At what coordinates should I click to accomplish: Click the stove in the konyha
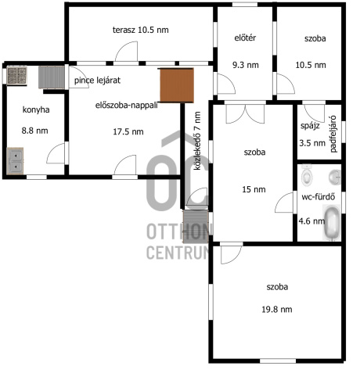pos(17,76)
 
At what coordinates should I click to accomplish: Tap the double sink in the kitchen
pos(15,161)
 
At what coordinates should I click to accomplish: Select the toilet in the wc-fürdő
pos(307,175)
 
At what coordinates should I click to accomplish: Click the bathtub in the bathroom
pos(332,222)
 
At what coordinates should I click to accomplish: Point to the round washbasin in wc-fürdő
pos(335,178)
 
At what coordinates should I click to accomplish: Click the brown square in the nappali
pos(177,85)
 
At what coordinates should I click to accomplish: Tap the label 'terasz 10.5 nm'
pos(141,30)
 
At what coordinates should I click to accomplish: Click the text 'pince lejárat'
pos(97,81)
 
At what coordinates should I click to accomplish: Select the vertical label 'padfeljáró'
pos(333,134)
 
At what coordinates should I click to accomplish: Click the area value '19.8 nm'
pos(277,310)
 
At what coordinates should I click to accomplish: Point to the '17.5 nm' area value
pos(128,131)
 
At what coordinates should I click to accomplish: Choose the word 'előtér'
pos(245,38)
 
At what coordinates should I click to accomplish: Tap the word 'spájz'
pos(310,126)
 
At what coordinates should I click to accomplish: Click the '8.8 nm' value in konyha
pos(34,131)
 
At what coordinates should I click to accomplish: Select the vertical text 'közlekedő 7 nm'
pos(197,141)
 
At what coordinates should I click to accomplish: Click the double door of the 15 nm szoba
pos(245,113)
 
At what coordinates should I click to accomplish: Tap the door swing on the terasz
pos(127,51)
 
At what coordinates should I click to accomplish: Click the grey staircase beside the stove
pos(52,77)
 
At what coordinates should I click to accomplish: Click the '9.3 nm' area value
pos(246,65)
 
